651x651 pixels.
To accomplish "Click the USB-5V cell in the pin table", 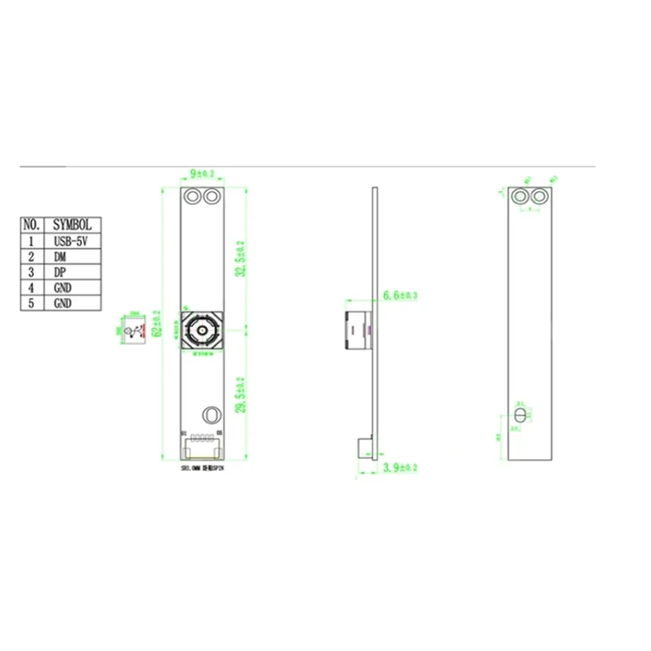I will [x=72, y=241].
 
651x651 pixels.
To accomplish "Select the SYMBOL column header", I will [x=72, y=224].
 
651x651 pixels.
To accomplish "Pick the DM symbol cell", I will [x=72, y=256].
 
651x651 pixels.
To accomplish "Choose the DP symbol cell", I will [x=72, y=272].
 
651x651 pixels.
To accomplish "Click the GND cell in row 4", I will [x=72, y=287].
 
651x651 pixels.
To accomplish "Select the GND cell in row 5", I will [x=72, y=303].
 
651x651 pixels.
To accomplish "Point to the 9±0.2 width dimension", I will [x=201, y=173].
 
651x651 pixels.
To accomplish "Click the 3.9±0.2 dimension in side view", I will [x=399, y=469].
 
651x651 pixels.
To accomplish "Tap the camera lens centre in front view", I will [x=201, y=330].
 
